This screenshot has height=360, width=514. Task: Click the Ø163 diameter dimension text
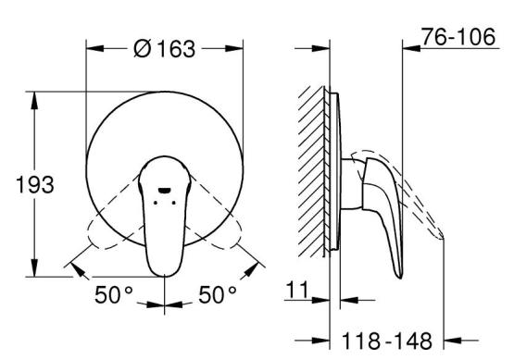coord(165,49)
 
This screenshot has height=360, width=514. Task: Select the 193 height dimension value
coord(35,185)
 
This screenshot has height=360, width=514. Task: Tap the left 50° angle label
coord(113,294)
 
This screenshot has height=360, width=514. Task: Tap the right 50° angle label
coord(218,294)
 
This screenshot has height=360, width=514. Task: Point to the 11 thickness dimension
coord(297,290)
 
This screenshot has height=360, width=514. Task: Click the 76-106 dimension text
coord(458,37)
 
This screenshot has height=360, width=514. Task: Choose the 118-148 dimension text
coord(387,341)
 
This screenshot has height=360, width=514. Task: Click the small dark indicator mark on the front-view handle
coord(164,190)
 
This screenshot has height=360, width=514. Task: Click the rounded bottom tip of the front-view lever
coord(164,274)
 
